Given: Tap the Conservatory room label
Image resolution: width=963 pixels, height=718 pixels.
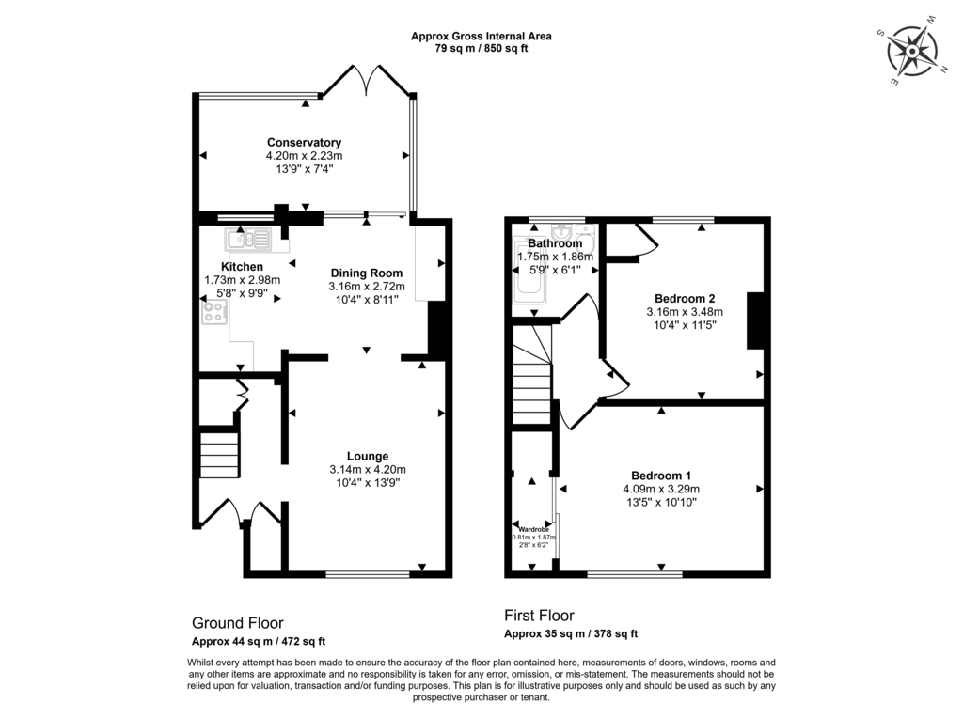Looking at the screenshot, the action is pyautogui.click(x=304, y=142).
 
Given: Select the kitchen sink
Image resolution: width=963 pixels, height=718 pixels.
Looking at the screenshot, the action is pyautogui.click(x=248, y=239).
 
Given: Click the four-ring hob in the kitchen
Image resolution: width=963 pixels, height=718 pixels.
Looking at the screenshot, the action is pyautogui.click(x=214, y=312).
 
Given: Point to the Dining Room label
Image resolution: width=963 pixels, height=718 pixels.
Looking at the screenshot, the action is pyautogui.click(x=367, y=273).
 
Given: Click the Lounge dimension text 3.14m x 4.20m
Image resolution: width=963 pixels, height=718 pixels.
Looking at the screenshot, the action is pyautogui.click(x=368, y=470).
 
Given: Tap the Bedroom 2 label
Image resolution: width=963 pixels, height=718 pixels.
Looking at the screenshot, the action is pyautogui.click(x=685, y=299).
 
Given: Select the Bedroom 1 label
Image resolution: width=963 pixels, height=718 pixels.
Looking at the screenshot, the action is pyautogui.click(x=661, y=476).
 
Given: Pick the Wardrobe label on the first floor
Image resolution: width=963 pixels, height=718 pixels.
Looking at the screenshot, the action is pyautogui.click(x=534, y=529).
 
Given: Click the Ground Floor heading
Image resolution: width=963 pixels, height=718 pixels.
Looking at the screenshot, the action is pyautogui.click(x=238, y=623).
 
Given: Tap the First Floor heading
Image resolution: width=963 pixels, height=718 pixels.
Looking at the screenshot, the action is pyautogui.click(x=539, y=615).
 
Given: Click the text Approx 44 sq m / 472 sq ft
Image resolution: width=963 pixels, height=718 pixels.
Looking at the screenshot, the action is pyautogui.click(x=259, y=641).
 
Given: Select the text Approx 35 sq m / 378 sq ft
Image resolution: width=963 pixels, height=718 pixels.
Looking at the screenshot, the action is pyautogui.click(x=571, y=633).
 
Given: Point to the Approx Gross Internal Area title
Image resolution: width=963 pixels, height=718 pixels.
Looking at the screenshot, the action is pyautogui.click(x=481, y=37).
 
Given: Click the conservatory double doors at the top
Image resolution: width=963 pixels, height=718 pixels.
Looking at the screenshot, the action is pyautogui.click(x=368, y=80).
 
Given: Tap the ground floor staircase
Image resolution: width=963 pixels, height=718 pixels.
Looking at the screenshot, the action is pyautogui.click(x=218, y=455).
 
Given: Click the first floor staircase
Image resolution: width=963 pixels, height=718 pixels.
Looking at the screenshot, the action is pyautogui.click(x=532, y=375).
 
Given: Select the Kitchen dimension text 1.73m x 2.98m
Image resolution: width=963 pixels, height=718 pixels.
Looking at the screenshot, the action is pyautogui.click(x=242, y=280).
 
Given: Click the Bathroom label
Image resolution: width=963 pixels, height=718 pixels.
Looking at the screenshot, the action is pyautogui.click(x=555, y=243).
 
